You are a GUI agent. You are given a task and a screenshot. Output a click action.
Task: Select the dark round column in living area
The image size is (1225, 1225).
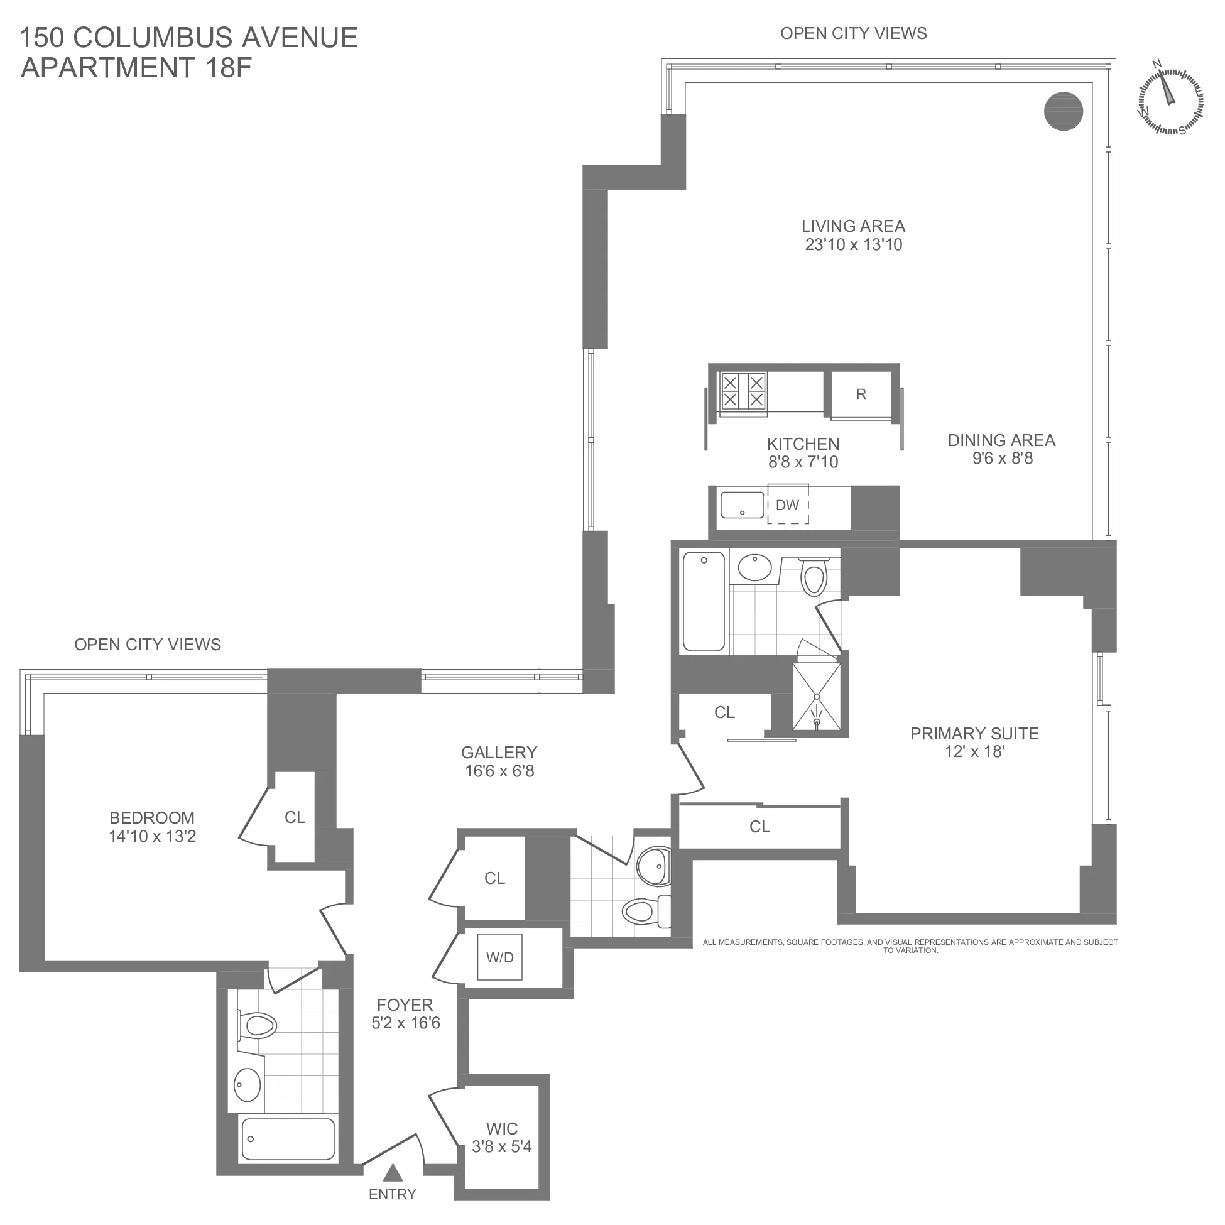(1064, 111)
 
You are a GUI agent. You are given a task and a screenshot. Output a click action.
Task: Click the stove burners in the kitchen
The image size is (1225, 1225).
(743, 391)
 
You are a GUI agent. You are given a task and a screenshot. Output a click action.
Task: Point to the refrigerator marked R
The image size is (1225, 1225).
(861, 395)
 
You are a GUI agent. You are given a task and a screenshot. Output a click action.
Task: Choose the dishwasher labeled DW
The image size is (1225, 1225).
(788, 505)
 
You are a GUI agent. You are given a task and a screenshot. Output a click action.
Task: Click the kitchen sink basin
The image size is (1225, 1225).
(742, 504)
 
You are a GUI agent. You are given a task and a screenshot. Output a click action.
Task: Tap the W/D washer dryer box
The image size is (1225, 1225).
(499, 957)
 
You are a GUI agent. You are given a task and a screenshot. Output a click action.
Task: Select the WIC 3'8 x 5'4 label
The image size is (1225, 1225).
(501, 1138)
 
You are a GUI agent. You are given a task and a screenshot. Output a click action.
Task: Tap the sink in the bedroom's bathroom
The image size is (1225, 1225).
(248, 1085)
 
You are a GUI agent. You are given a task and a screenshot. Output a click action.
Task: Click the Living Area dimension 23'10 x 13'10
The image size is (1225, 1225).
(854, 245)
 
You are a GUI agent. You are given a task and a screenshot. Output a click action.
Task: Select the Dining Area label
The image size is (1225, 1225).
(1001, 440)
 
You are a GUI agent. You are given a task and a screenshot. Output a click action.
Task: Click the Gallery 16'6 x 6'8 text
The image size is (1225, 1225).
(499, 761)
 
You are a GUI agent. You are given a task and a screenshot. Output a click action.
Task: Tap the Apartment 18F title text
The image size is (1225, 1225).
(136, 67)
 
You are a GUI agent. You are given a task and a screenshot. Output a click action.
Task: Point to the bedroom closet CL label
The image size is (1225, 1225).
(295, 817)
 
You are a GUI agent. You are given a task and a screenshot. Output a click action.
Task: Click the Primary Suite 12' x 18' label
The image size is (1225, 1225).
(974, 743)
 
